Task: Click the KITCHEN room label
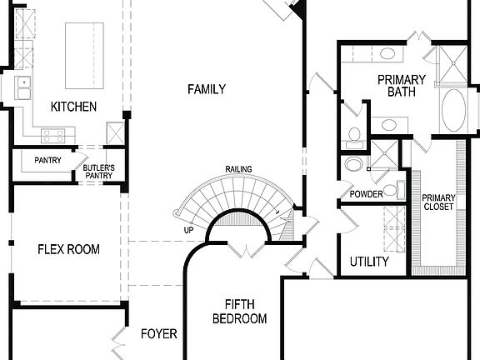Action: click(73, 107)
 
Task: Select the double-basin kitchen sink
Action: click(23, 86)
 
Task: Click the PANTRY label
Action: click(47, 161)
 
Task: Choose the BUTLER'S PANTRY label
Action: click(98, 172)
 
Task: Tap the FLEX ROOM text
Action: click(69, 249)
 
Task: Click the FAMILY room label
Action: click(206, 89)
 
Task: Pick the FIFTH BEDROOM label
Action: click(239, 312)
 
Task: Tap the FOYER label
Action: click(158, 334)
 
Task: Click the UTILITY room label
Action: click(369, 262)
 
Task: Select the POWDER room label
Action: click(367, 194)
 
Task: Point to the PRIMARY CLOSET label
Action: click(438, 202)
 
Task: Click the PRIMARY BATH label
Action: click(401, 86)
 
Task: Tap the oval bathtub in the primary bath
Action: click(455, 111)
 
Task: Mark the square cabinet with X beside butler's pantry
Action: click(115, 133)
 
